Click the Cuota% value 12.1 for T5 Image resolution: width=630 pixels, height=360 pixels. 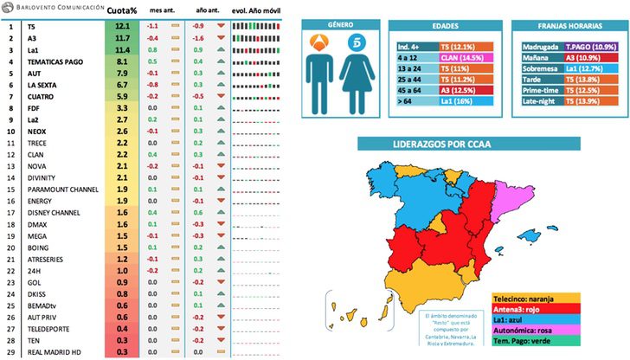coord(122,27)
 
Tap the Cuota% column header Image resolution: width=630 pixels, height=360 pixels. coord(123,10)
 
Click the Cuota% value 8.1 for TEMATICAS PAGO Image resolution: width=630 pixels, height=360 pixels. coord(122,62)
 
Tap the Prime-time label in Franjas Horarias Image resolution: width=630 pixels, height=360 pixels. coord(540,90)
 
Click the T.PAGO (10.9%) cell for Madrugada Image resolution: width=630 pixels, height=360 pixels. coord(588,45)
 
